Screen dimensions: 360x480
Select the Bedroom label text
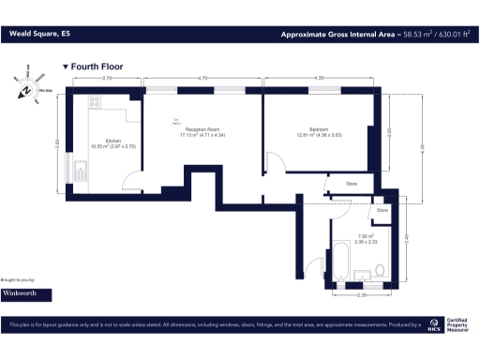click(x=319, y=130)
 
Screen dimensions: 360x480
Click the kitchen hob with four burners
click(x=97, y=101)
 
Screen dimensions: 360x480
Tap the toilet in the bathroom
click(x=379, y=271)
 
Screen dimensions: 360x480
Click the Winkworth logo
click(x=26, y=293)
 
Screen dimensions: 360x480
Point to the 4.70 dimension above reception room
click(x=202, y=80)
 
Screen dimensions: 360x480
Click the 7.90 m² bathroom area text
click(x=367, y=235)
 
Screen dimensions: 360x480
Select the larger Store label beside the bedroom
click(x=352, y=184)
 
